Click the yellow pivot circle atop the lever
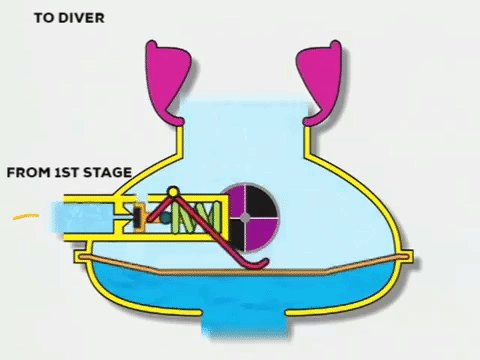pos(173,192)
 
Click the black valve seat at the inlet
pos(131,215)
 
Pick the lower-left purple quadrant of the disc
pos(232,227)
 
